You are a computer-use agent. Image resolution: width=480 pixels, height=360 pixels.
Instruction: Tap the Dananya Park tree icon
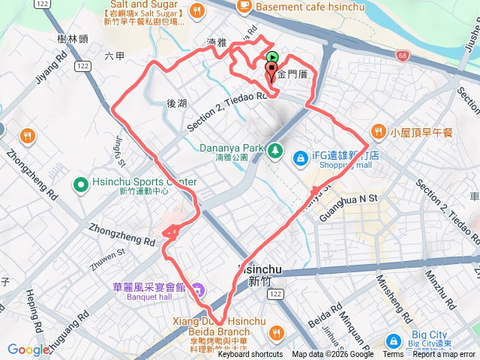276,148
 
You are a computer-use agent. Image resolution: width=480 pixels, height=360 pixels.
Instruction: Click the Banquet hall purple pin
196,289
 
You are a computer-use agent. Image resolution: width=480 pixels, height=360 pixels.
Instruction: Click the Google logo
28,349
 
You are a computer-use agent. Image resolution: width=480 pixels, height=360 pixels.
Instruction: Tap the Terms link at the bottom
392,355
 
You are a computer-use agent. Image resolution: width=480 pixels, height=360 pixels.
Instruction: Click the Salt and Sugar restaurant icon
196,10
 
